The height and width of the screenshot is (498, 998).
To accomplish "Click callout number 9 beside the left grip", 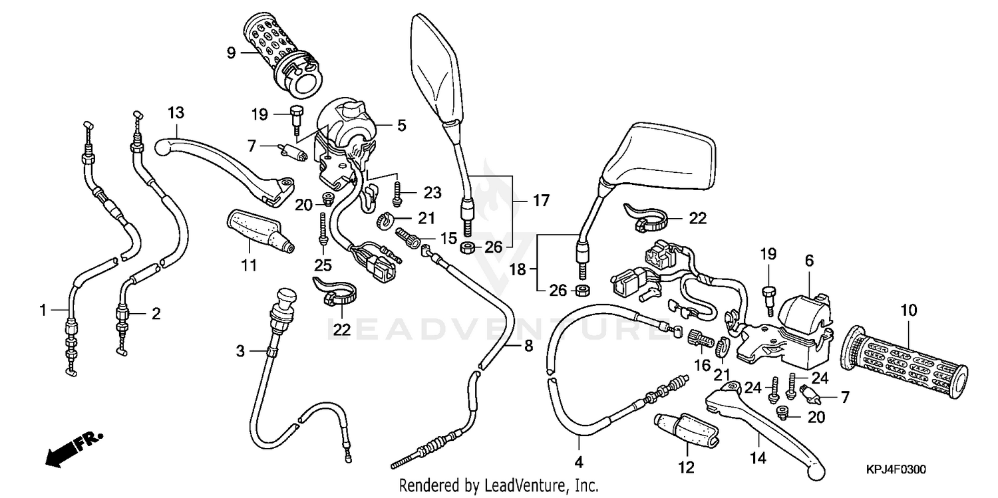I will click(x=230, y=52).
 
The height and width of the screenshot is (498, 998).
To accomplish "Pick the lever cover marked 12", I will click(x=687, y=432).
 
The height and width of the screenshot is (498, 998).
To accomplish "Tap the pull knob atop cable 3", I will click(x=286, y=295).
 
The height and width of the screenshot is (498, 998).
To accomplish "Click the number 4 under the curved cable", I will click(x=579, y=461).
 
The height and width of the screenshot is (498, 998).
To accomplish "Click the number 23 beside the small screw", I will click(x=432, y=193).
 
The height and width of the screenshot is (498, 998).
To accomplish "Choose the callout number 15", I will click(x=447, y=237).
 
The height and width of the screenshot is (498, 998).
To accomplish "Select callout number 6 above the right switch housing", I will click(x=809, y=262).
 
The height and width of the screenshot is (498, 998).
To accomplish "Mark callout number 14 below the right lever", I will click(x=758, y=458).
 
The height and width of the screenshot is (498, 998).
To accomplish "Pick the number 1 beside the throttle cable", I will click(x=43, y=309).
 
